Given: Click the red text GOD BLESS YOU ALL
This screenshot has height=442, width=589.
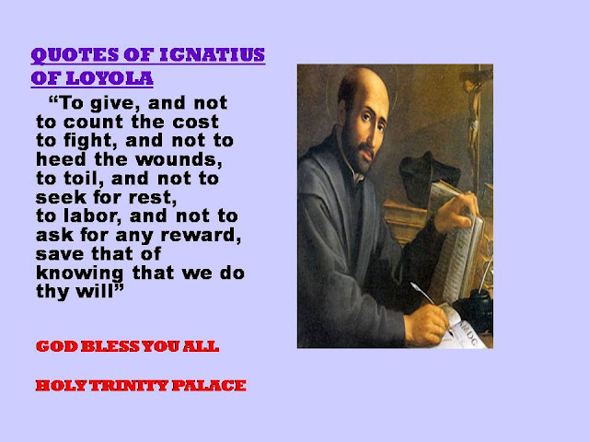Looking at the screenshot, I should point(127,347).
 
